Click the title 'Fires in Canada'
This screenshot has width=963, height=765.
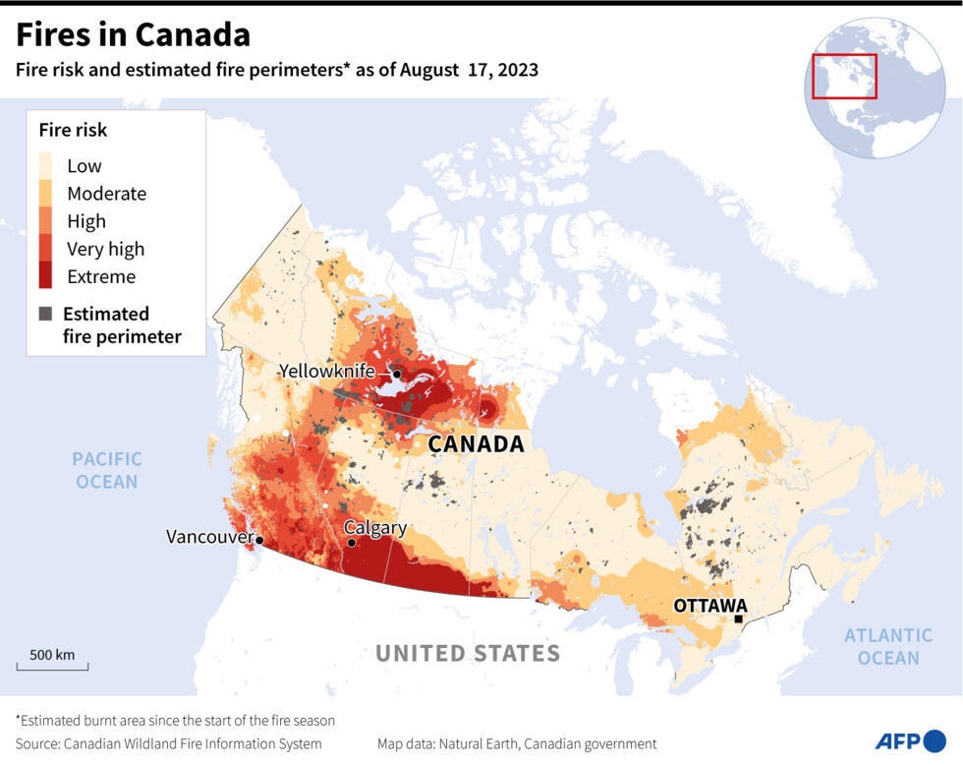133,34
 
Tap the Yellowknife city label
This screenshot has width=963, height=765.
326,371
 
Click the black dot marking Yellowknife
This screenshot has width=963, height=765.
397,374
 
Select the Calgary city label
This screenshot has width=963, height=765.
374,528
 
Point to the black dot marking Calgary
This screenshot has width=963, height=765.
351,542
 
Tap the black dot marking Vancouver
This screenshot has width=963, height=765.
259,540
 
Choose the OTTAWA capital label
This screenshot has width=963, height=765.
709,606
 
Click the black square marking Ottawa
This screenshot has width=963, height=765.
739,619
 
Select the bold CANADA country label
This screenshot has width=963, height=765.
476,444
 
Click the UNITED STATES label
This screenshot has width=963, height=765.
468,654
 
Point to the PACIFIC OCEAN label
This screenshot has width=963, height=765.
107,470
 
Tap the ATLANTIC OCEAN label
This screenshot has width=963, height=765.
888,647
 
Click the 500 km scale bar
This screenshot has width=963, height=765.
52,666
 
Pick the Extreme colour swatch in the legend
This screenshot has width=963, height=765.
46,276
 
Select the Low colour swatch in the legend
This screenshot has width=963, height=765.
46,165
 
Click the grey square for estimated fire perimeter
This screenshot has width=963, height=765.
46,314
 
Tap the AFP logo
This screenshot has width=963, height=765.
909,741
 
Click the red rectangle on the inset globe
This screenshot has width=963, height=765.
844,76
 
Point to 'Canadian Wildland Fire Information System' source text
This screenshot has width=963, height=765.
193,743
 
